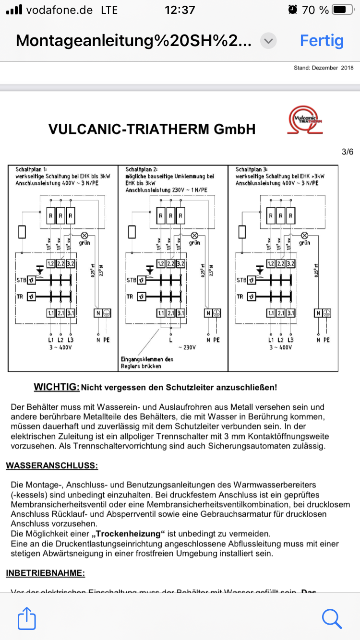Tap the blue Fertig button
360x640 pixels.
(x=322, y=41)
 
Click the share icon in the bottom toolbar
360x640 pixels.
(x=27, y=618)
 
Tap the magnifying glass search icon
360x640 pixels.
(x=332, y=618)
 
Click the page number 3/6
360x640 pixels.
(x=347, y=152)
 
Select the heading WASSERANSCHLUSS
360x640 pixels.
(x=52, y=465)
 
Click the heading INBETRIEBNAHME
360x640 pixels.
(x=46, y=573)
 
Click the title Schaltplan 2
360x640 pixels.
(x=142, y=170)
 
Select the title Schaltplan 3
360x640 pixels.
(x=252, y=170)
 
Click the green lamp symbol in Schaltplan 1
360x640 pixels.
(x=84, y=235)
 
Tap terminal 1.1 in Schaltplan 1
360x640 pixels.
(x=51, y=313)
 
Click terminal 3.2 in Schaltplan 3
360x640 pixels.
(x=290, y=263)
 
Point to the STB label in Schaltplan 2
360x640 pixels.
(x=132, y=280)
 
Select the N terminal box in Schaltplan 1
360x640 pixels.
(x=97, y=313)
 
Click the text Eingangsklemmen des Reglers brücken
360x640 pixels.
(x=146, y=363)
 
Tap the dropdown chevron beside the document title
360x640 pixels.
(x=268, y=41)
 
